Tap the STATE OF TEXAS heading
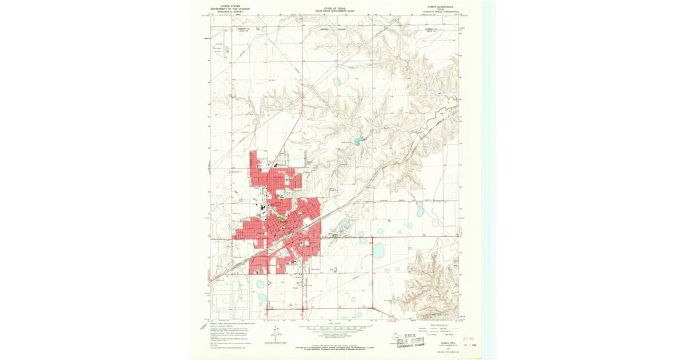coord(334,8)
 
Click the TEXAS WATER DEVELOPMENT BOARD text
coord(334,11)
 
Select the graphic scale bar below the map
coord(334,328)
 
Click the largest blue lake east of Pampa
coord(379,251)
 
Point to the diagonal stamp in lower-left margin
coord(204,326)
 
